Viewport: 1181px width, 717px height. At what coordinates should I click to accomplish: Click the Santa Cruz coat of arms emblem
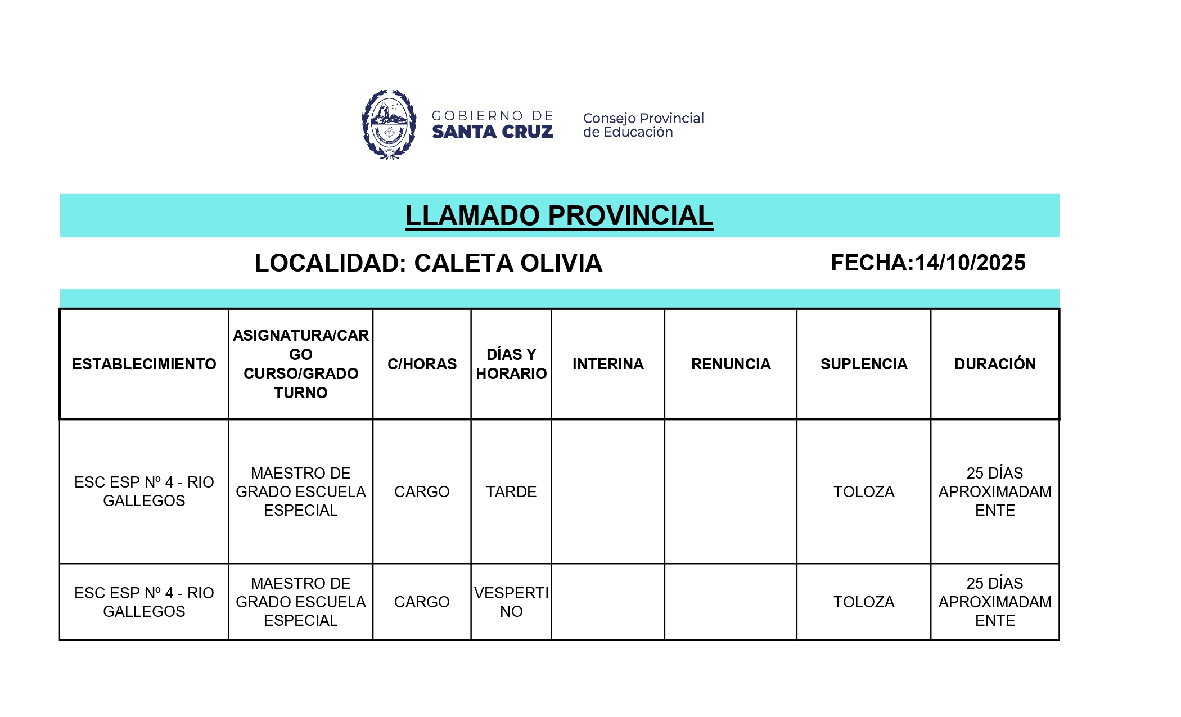(x=389, y=124)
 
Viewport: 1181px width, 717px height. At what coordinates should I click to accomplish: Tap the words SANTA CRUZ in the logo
(x=492, y=132)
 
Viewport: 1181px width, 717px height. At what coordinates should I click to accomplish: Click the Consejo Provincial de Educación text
(x=643, y=125)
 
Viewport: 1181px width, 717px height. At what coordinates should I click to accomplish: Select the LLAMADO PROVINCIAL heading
(x=559, y=216)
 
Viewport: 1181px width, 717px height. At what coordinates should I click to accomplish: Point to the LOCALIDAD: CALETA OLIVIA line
(x=428, y=263)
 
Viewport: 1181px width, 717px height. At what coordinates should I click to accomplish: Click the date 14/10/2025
(x=970, y=263)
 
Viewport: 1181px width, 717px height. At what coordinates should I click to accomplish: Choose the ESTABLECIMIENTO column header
(x=144, y=364)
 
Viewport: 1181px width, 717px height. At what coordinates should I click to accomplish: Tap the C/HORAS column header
(x=422, y=364)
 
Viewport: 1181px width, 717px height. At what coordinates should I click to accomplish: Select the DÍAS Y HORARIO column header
(x=511, y=364)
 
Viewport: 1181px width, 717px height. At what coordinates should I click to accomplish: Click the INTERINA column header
(x=608, y=364)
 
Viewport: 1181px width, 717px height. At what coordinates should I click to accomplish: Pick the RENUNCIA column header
(x=731, y=364)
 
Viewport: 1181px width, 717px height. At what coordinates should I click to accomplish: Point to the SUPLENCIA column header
(x=864, y=364)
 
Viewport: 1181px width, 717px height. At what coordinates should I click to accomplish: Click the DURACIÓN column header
(x=995, y=364)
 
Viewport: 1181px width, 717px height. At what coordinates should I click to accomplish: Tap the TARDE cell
(x=511, y=491)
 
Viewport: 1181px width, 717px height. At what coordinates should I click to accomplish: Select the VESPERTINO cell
(x=511, y=602)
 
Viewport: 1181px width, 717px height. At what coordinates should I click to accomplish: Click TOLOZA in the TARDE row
(x=864, y=491)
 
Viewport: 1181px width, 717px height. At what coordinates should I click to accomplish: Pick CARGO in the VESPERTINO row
(x=422, y=602)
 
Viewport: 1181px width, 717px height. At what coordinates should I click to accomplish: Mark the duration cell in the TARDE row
(x=995, y=491)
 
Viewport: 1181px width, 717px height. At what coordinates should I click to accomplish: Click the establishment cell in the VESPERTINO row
(x=144, y=602)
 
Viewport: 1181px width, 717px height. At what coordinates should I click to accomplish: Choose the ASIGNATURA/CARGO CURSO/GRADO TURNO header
(x=301, y=364)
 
